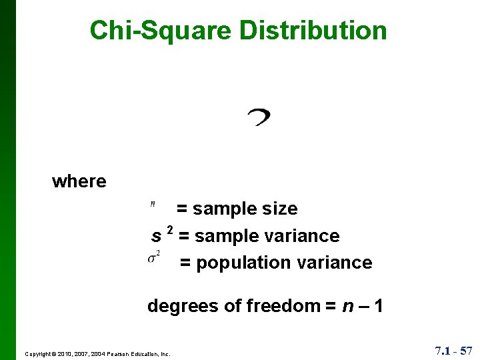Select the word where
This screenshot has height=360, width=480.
pos(79,181)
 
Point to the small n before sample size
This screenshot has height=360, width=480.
pos(153,204)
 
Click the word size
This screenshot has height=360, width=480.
pos(280,209)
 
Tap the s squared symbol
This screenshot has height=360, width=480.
pos(162,235)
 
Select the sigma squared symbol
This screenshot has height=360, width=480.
pos(153,257)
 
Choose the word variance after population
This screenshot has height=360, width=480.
pos(335,263)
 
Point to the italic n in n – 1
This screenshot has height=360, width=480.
pos(347,306)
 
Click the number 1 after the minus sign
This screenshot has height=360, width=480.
pos(378,306)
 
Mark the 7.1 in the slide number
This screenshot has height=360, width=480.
pos(443,350)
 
